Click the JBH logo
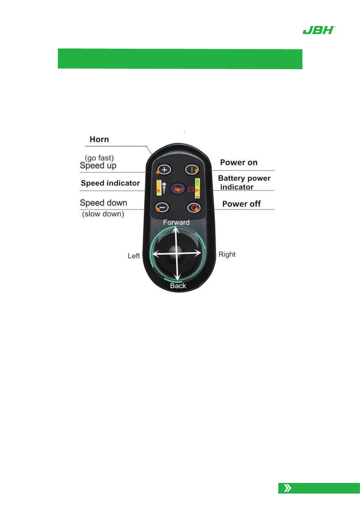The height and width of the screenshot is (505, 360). pos(319,30)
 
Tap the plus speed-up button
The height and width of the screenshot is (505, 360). pos(164,170)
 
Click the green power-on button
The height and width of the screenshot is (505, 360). pos(192,170)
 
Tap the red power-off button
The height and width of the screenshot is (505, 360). pos(194,208)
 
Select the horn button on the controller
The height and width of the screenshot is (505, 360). pos(178,189)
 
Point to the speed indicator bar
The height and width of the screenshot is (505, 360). pos(159,188)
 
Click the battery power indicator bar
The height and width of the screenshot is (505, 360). pos(197,188)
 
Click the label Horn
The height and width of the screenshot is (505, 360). pos(99,139)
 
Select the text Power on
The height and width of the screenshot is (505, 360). pos(239,163)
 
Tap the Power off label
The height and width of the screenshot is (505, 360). pos(241,204)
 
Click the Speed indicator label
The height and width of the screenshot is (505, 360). pos(110,183)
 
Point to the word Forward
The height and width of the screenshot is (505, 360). pos(176,222)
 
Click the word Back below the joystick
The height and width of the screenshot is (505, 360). pos(178,286)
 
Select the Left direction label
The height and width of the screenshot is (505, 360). pos(134,256)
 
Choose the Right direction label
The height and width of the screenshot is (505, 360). pos(227,254)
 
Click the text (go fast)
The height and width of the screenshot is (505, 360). pos(99,158)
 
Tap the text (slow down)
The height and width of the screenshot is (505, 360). pos(103,214)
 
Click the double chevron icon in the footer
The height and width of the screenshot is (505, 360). pos(288,488)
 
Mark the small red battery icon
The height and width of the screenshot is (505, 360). pos(191,189)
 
